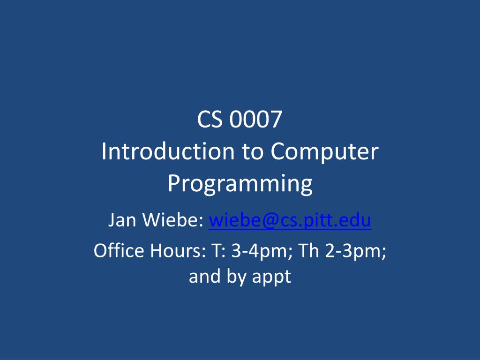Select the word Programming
pyautogui.click(x=240, y=184)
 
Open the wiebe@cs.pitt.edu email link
pyautogui.click(x=290, y=219)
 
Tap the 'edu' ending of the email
pyautogui.click(x=356, y=219)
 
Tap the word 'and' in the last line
pyautogui.click(x=203, y=277)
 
